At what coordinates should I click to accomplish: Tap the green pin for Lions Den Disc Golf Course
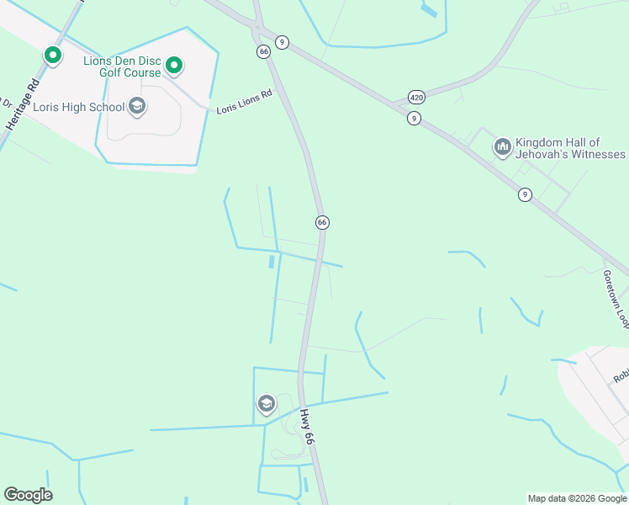click(x=174, y=65)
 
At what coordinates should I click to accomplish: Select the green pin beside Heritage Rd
click(x=53, y=56)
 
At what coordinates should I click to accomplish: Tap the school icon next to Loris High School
click(x=137, y=107)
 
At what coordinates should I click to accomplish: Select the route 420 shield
click(x=417, y=98)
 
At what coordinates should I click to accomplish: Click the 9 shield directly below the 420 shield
click(x=414, y=119)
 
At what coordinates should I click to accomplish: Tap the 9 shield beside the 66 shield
click(x=283, y=42)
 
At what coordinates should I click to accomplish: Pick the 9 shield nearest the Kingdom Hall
click(x=525, y=194)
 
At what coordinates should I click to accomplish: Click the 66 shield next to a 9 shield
click(x=264, y=52)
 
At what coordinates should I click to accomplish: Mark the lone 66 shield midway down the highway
click(x=322, y=222)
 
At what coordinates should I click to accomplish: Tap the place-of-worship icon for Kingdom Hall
click(x=503, y=147)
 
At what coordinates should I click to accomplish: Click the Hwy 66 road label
click(x=308, y=427)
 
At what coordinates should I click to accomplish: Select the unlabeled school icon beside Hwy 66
click(x=267, y=405)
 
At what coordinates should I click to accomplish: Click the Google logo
click(x=28, y=495)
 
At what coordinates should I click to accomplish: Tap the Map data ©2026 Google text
click(x=577, y=498)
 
